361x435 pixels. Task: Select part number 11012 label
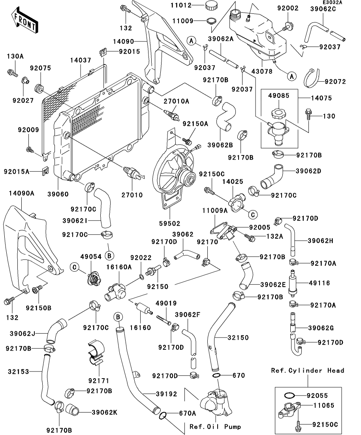point(192,6)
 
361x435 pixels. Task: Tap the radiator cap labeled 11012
point(211,6)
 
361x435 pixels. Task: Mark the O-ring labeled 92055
point(289,395)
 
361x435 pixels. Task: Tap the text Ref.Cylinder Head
point(307,371)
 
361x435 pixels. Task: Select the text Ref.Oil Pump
point(215,426)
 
